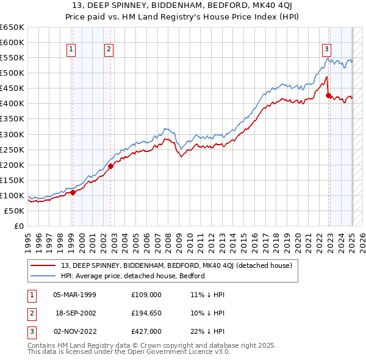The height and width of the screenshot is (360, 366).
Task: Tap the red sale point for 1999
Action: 73,192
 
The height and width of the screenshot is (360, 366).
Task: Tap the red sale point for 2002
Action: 111,166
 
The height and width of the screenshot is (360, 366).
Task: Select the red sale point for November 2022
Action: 329,95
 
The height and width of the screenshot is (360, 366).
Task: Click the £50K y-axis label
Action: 14,211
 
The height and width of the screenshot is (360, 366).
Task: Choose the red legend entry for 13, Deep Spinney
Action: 177,265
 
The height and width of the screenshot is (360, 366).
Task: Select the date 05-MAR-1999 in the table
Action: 75,295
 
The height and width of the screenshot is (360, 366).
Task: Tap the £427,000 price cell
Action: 146,331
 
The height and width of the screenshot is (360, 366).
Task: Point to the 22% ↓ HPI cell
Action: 207,331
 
